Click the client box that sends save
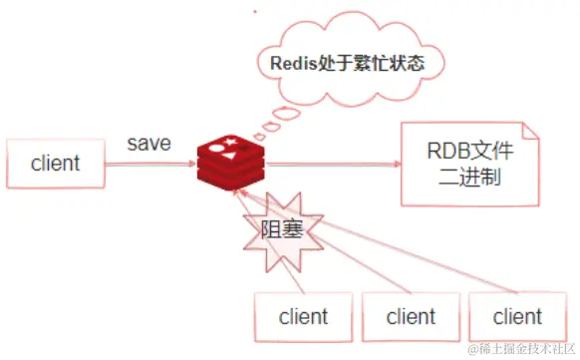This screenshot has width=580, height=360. coord(56,164)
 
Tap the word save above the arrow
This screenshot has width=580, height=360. coord(148,144)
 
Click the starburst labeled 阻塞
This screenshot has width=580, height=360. coord(281,228)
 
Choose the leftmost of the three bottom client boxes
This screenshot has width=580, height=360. coord(304,317)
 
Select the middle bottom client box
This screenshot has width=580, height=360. coord(411,317)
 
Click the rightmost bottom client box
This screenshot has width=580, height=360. coord(518,317)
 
